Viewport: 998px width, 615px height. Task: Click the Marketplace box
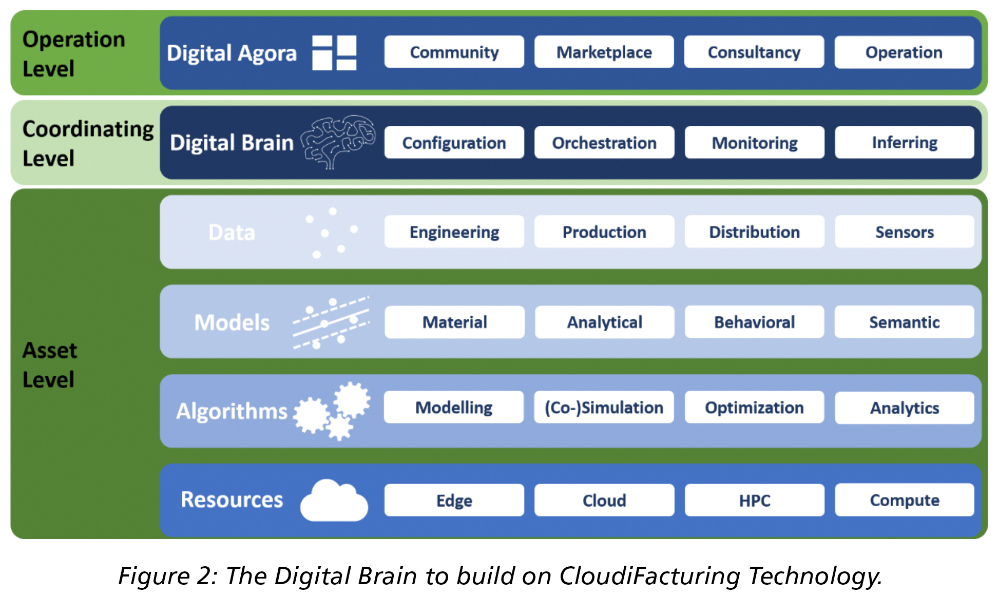point(604,52)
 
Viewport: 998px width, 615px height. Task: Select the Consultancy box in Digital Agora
point(754,52)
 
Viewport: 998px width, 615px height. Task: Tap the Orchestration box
point(604,142)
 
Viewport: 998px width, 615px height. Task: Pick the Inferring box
point(904,142)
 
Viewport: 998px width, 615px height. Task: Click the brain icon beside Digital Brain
point(338,142)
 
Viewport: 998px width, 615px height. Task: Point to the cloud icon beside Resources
point(334,500)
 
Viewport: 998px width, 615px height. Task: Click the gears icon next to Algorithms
point(332,411)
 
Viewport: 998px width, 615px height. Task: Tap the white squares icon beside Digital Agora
point(334,52)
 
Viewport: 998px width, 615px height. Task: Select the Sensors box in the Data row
point(904,232)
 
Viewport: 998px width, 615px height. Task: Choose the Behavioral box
point(754,322)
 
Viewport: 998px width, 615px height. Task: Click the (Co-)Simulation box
point(604,408)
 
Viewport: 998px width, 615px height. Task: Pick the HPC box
point(754,500)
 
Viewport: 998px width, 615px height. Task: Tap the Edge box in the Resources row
point(454,500)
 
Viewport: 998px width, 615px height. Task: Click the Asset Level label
point(49,365)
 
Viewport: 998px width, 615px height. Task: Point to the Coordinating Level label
point(88,143)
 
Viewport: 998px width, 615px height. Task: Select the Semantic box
point(904,322)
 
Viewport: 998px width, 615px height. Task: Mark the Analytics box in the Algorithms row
point(904,408)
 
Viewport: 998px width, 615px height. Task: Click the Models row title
point(232,322)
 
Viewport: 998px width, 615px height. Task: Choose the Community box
point(454,52)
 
